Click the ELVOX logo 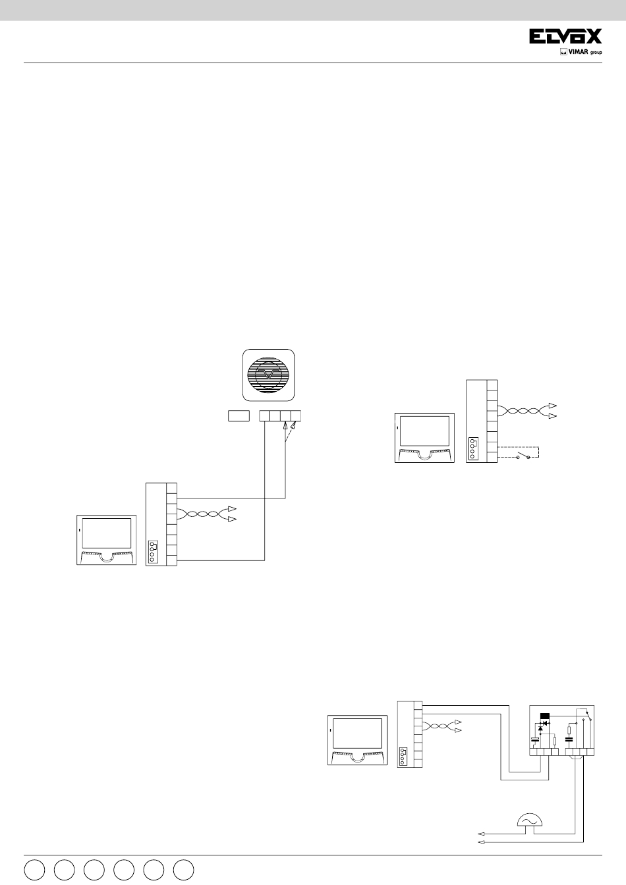pyautogui.click(x=565, y=36)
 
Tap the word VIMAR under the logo pyautogui.click(x=578, y=52)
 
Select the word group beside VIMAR pyautogui.click(x=596, y=53)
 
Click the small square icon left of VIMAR pyautogui.click(x=563, y=52)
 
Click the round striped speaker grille pyautogui.click(x=268, y=375)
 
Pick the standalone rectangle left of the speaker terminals pyautogui.click(x=239, y=416)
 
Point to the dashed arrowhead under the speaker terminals pyautogui.click(x=293, y=425)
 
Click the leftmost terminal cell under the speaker pyautogui.click(x=264, y=416)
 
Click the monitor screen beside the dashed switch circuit pyautogui.click(x=425, y=431)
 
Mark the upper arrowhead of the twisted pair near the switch pyautogui.click(x=553, y=406)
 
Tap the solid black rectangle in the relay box pyautogui.click(x=544, y=716)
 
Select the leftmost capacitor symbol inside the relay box pyautogui.click(x=536, y=739)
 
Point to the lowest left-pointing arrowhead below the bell pyautogui.click(x=481, y=842)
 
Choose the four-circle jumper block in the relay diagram pyautogui.click(x=404, y=757)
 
